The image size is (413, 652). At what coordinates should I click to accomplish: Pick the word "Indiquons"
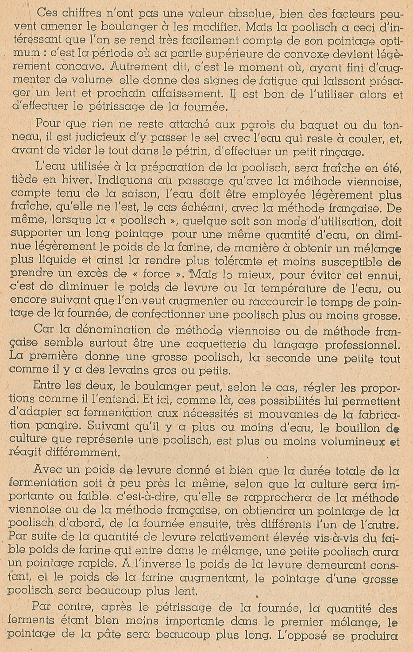point(128,181)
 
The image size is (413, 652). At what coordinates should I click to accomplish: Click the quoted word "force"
point(157,274)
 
